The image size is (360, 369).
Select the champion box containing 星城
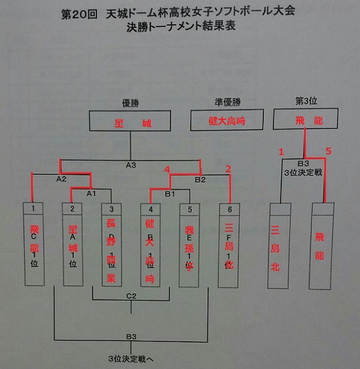click(x=131, y=123)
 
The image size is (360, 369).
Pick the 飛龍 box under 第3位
click(x=305, y=121)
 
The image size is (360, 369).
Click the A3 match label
click(x=131, y=165)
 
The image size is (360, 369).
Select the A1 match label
click(x=92, y=194)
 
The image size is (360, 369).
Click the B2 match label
click(x=200, y=180)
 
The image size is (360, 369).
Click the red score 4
click(x=167, y=170)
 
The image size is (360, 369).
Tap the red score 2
click(x=228, y=169)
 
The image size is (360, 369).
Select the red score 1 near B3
click(x=282, y=152)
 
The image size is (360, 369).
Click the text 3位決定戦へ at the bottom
click(x=131, y=357)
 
